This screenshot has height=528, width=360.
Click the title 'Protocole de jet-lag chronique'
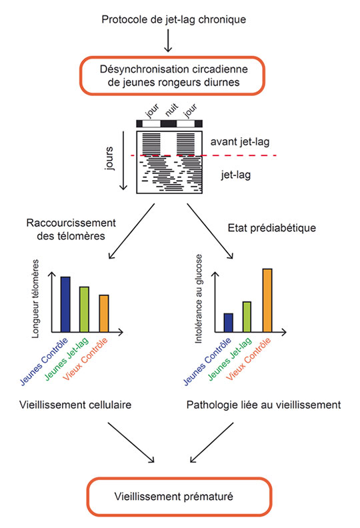(x=174, y=19)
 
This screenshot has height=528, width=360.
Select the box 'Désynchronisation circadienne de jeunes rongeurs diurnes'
(x=173, y=76)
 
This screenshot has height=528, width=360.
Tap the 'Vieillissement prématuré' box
(x=179, y=497)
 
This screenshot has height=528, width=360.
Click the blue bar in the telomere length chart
(x=65, y=305)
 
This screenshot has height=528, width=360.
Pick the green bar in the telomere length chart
(x=84, y=309)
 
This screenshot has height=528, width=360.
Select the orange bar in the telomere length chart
(x=104, y=313)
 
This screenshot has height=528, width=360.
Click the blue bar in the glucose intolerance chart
(x=228, y=323)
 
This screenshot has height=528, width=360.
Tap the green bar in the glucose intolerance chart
(x=247, y=317)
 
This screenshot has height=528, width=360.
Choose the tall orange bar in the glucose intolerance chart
(x=267, y=301)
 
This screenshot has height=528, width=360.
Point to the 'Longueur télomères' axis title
(x=35, y=299)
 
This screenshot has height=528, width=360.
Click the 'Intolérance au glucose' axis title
(x=199, y=299)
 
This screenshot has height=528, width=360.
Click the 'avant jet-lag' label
(x=240, y=142)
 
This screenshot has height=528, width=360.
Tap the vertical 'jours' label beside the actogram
(x=109, y=158)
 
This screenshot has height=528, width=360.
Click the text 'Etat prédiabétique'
(x=272, y=228)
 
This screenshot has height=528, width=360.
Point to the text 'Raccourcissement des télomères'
(x=71, y=229)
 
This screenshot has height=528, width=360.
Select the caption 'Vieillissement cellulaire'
(x=75, y=405)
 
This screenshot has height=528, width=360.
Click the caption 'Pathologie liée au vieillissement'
(x=264, y=405)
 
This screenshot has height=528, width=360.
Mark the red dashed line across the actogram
(x=203, y=155)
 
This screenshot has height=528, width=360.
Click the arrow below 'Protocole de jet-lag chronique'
(x=168, y=41)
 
